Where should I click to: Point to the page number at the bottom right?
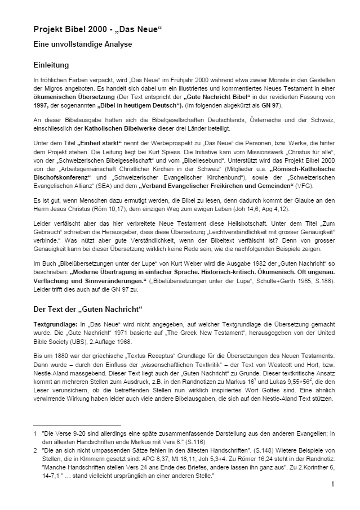[332, 484]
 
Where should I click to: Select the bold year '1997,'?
[43, 106]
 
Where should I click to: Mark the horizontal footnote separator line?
[77, 426]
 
